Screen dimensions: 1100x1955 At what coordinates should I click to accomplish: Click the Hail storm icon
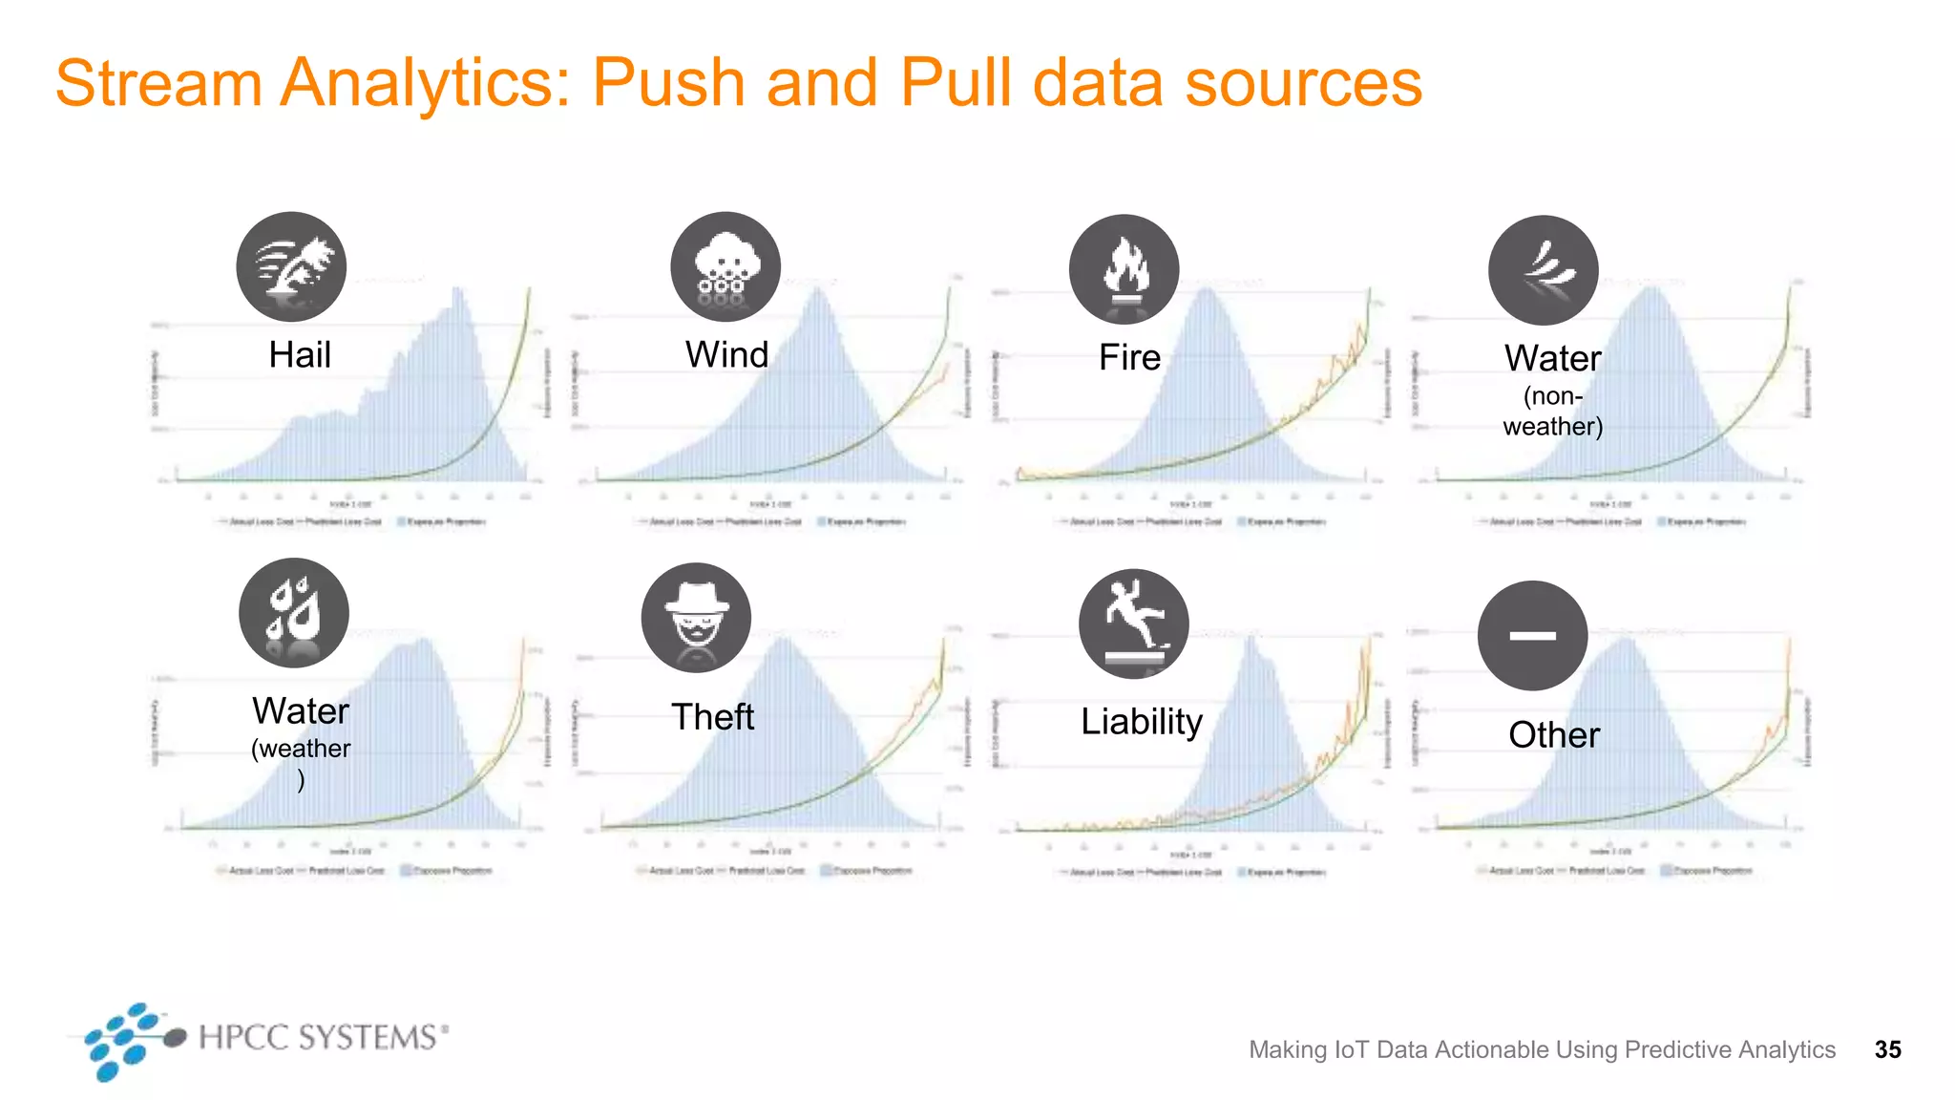[291, 266]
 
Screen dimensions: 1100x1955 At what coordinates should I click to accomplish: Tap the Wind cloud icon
[725, 266]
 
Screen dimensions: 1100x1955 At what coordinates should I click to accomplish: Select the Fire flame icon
[1124, 269]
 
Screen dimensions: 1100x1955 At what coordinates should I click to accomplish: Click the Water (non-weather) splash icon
[1543, 270]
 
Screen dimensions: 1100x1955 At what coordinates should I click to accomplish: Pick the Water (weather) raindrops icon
[294, 612]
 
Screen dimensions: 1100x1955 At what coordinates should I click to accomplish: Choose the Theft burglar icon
[696, 617]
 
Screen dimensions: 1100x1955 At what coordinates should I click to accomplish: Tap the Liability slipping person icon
[1133, 624]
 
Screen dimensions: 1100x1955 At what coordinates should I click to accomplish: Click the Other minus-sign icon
[1532, 635]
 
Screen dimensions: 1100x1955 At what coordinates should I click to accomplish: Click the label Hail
[300, 355]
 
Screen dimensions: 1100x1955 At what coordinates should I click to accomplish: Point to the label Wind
[726, 355]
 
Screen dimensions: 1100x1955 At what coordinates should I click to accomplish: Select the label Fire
[1129, 358]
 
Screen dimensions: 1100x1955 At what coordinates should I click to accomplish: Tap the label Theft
[712, 717]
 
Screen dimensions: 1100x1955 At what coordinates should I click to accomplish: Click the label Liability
[1141, 722]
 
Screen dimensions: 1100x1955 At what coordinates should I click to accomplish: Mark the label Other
[1553, 735]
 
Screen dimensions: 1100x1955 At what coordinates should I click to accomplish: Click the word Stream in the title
[158, 83]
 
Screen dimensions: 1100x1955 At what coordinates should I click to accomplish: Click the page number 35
[1887, 1049]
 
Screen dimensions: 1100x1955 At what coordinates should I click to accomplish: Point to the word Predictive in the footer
[1677, 1049]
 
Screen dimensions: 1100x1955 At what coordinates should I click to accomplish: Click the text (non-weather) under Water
[1552, 412]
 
